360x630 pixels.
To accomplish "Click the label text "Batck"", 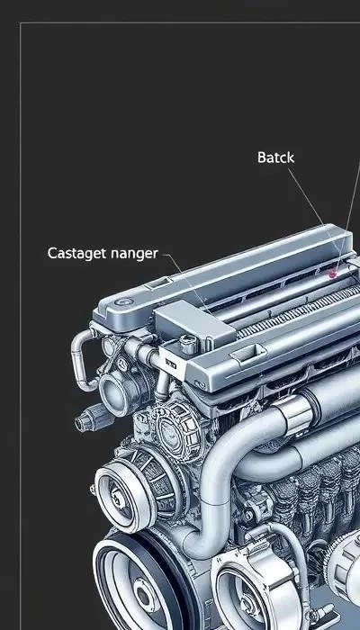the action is pos(275,157).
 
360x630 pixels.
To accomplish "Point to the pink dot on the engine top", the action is pos(332,274).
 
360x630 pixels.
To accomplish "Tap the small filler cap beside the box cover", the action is pos(188,343).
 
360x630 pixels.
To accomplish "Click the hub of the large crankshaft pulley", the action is pos(143,594).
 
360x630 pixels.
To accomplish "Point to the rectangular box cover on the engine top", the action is pos(194,322).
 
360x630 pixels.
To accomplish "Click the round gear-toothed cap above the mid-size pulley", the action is pos(175,430).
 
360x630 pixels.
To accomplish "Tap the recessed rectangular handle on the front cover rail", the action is pos(248,352).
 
